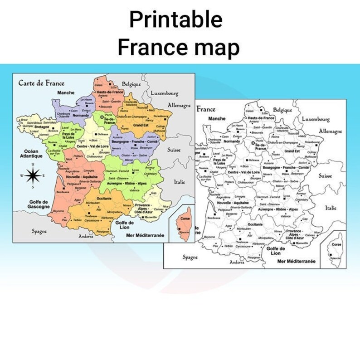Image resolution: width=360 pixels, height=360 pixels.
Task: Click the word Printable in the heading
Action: pyautogui.click(x=176, y=20)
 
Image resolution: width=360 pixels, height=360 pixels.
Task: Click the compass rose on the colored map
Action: pyautogui.click(x=32, y=175)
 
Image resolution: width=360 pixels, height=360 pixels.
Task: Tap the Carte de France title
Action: pyautogui.click(x=41, y=83)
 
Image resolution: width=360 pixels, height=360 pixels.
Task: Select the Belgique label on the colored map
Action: pyautogui.click(x=131, y=84)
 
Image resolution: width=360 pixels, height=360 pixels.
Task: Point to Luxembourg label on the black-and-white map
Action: pyautogui.click(x=316, y=119)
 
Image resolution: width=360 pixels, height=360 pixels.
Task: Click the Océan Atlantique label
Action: pyautogui.click(x=32, y=154)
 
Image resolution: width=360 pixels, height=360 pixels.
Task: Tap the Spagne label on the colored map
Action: pyautogui.click(x=39, y=231)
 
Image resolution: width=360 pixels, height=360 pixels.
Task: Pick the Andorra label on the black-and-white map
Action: pyautogui.click(x=237, y=262)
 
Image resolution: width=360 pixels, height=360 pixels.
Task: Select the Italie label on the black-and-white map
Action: pyautogui.click(x=331, y=208)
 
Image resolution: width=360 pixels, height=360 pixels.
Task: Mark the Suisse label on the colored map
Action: pyautogui.click(x=174, y=150)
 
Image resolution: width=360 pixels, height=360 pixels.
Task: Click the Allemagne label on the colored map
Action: pyautogui.click(x=180, y=105)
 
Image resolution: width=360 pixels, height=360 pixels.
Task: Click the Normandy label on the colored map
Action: pyautogui.click(x=81, y=116)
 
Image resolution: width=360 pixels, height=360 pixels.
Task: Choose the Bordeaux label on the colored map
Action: pyautogui.click(x=63, y=192)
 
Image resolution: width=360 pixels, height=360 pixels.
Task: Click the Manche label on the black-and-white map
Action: pyautogui.click(x=217, y=119)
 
